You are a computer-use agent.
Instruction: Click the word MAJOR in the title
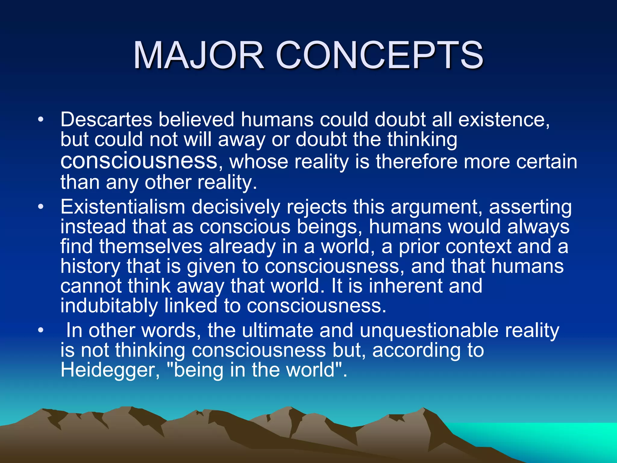pyautogui.click(x=199, y=55)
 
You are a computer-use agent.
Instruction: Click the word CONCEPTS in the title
pyautogui.click(x=379, y=55)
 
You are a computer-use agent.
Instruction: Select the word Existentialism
pyautogui.click(x=123, y=207)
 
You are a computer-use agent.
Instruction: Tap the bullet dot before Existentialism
pyautogui.click(x=41, y=207)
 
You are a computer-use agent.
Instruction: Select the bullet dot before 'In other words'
pyautogui.click(x=41, y=331)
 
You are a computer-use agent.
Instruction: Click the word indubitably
pyautogui.click(x=109, y=306)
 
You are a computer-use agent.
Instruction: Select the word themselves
pyautogui.click(x=151, y=247)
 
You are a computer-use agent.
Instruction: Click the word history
pyautogui.click(x=90, y=266)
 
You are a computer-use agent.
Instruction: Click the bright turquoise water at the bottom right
pyautogui.click(x=557, y=437)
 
